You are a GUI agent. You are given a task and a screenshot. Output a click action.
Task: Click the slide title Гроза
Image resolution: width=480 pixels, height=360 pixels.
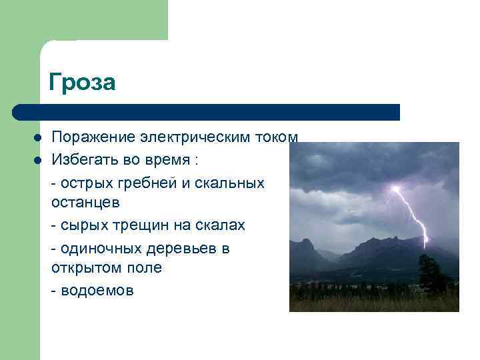pyautogui.click(x=82, y=83)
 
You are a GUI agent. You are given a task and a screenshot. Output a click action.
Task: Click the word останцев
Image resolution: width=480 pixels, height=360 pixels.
pyautogui.click(x=85, y=201)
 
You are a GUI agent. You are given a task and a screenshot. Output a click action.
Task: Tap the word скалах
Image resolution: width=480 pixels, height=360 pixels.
pyautogui.click(x=220, y=225)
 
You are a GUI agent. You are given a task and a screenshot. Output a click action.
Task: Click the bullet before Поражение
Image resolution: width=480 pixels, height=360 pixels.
pyautogui.click(x=38, y=137)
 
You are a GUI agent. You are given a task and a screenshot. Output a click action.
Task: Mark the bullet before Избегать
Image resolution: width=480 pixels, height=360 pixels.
pyautogui.click(x=38, y=160)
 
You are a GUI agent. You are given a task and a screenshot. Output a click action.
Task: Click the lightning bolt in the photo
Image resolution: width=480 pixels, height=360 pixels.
pyautogui.click(x=412, y=213)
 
